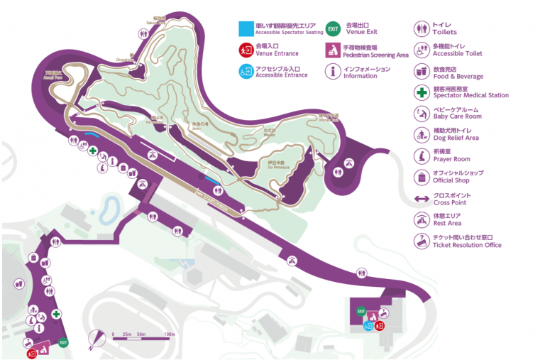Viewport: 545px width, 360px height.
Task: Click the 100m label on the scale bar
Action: (x=170, y=334)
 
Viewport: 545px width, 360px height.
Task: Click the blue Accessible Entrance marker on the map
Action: (x=368, y=326)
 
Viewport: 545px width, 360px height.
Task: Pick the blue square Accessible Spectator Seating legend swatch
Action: (x=245, y=28)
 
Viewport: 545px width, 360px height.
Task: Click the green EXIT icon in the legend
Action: (x=334, y=28)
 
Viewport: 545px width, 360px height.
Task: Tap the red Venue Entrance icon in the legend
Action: (x=245, y=50)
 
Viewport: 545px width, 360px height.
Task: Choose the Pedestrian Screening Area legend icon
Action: (x=334, y=50)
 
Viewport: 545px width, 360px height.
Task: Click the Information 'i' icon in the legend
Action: (x=334, y=72)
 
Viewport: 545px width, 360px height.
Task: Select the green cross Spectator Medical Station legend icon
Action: (x=422, y=92)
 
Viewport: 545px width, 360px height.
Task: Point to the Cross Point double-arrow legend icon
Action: (x=422, y=198)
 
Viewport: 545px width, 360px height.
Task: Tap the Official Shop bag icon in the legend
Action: (x=422, y=178)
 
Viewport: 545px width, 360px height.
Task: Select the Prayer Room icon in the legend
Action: (x=422, y=156)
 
